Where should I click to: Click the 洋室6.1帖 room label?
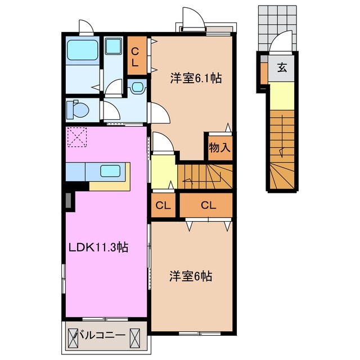[x=196, y=79]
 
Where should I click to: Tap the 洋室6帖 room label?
[x=191, y=277]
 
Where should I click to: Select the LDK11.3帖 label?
[x=99, y=247]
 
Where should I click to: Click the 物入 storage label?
[x=219, y=148]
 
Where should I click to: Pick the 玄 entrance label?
[x=282, y=69]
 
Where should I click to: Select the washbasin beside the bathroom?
[x=137, y=87]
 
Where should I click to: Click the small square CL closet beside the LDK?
[x=164, y=205]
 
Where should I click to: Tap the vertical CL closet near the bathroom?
[x=135, y=56]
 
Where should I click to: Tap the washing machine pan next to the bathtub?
[x=114, y=48]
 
